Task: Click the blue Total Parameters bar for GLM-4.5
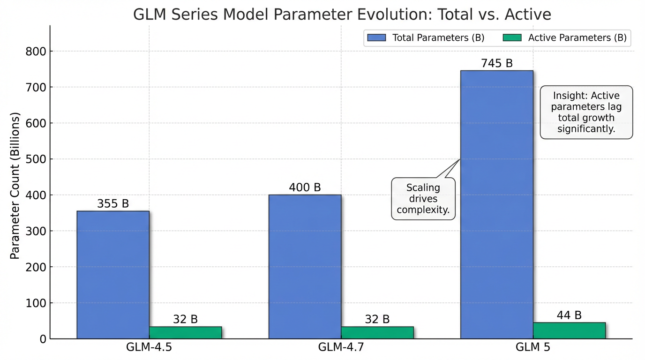pyautogui.click(x=113, y=275)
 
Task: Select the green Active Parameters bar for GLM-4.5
pyautogui.click(x=186, y=332)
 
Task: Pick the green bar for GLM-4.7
pyautogui.click(x=377, y=332)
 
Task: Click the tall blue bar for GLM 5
pyautogui.click(x=497, y=204)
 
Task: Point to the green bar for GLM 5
pyautogui.click(x=569, y=330)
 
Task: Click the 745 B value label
pyautogui.click(x=497, y=63)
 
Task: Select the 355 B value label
pyautogui.click(x=113, y=204)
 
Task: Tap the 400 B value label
pyautogui.click(x=305, y=187)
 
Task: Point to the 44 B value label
pyautogui.click(x=569, y=315)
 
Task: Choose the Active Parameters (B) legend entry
pyautogui.click(x=565, y=38)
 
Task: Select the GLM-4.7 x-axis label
pyautogui.click(x=341, y=348)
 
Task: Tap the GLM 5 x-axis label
pyautogui.click(x=532, y=348)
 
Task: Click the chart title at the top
pyautogui.click(x=342, y=15)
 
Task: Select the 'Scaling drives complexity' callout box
pyautogui.click(x=423, y=199)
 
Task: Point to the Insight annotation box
pyautogui.click(x=586, y=112)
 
